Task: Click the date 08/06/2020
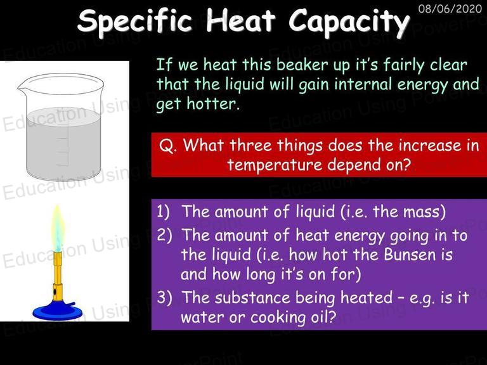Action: point(450,8)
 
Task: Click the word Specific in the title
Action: point(135,21)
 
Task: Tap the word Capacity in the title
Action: point(349,22)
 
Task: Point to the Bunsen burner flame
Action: point(58,228)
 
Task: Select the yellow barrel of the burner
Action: point(58,276)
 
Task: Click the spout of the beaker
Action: point(21,88)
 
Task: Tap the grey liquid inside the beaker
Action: point(63,143)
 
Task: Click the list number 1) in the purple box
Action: point(164,212)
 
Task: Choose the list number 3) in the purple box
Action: point(164,297)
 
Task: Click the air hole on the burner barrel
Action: point(55,292)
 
